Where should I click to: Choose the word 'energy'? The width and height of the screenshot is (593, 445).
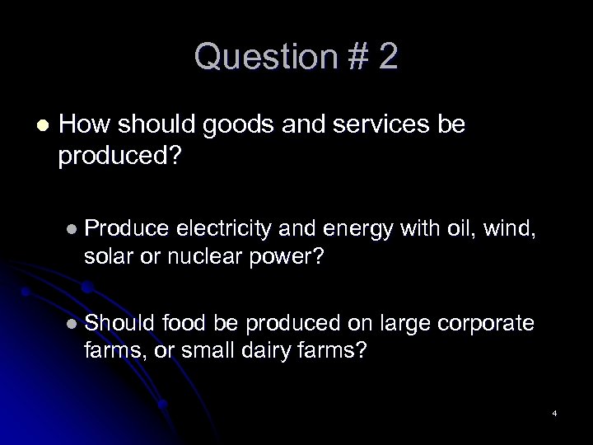pos(352,227)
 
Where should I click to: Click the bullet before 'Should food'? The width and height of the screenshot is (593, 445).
pos(73,323)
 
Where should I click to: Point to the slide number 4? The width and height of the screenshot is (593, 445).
pos(555,412)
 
